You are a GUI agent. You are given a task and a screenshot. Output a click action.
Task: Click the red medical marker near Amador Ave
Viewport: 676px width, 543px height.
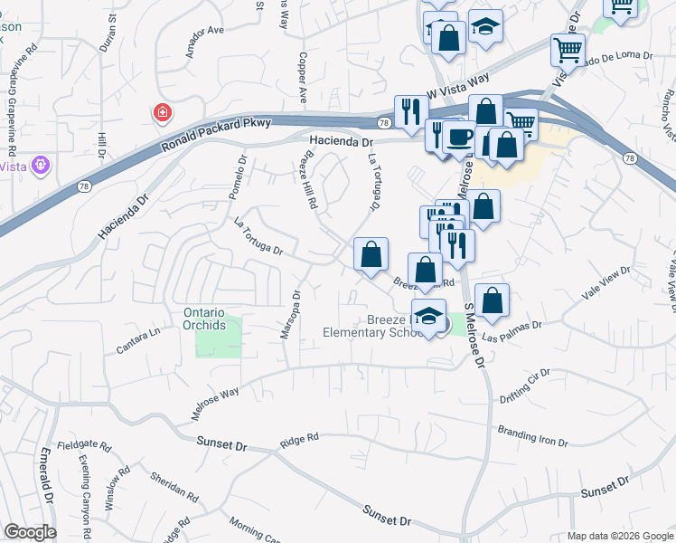click(x=162, y=113)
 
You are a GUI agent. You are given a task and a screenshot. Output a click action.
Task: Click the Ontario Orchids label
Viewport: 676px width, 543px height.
click(x=204, y=319)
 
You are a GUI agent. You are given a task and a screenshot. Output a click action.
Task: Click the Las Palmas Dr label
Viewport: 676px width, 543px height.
click(x=512, y=331)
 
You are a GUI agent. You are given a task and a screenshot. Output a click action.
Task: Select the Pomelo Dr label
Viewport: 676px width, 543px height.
click(x=237, y=178)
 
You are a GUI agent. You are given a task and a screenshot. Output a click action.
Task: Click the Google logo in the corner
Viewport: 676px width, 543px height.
click(x=29, y=532)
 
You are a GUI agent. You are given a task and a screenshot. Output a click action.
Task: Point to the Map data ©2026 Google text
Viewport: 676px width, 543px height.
click(x=620, y=536)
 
